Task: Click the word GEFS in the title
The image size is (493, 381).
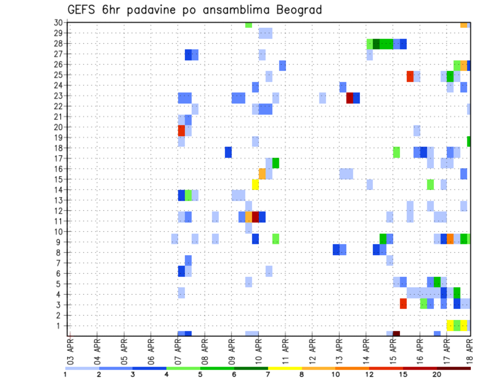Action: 84,10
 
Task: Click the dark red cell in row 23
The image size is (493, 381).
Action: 350,98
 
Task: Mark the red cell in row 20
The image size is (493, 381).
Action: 181,130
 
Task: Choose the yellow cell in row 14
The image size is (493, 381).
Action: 255,184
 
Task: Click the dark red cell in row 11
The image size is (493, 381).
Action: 255,217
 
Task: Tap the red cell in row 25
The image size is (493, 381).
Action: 410,77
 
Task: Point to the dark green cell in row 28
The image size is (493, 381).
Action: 376,44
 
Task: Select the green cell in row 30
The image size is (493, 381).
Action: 249,25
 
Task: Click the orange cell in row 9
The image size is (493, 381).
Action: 450,239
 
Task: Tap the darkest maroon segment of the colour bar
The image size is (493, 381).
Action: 453,368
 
